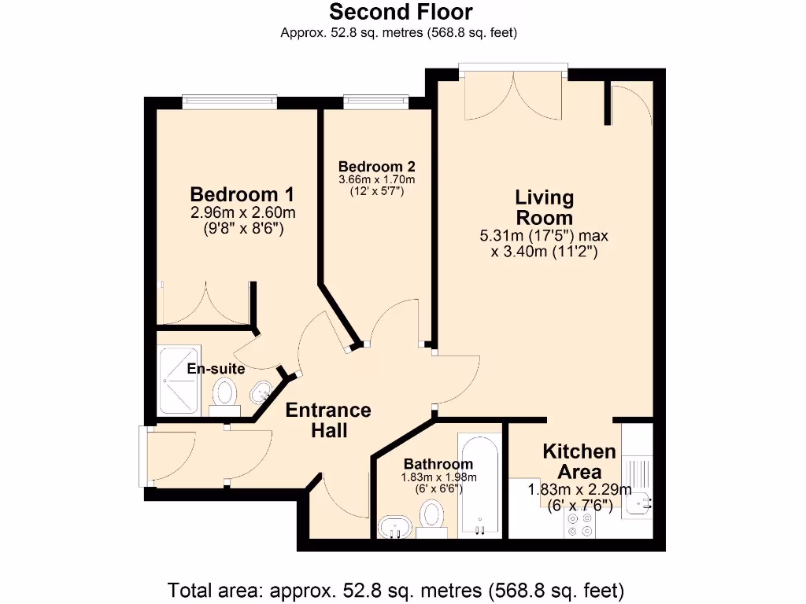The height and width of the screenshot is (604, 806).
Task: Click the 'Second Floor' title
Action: click(401, 13)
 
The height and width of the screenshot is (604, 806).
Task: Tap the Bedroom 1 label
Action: click(234, 194)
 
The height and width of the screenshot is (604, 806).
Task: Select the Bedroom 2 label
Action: click(376, 167)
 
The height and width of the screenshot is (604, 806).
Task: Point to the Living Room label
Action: click(544, 207)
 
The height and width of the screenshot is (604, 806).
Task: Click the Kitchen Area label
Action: click(579, 462)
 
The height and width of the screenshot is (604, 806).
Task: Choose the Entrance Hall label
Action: click(327, 420)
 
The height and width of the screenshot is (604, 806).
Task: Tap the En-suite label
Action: click(216, 368)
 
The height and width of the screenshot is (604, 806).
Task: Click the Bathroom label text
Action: click(438, 464)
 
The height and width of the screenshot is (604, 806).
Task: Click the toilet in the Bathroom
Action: click(431, 518)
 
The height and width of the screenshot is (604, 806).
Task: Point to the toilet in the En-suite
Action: click(226, 393)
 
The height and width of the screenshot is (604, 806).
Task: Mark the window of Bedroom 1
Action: click(229, 99)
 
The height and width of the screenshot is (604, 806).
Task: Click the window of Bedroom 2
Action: click(375, 99)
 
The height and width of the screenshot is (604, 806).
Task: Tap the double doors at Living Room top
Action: click(513, 93)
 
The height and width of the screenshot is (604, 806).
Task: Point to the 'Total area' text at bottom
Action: click(397, 589)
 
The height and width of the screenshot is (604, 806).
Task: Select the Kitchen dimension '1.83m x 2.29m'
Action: click(579, 490)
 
